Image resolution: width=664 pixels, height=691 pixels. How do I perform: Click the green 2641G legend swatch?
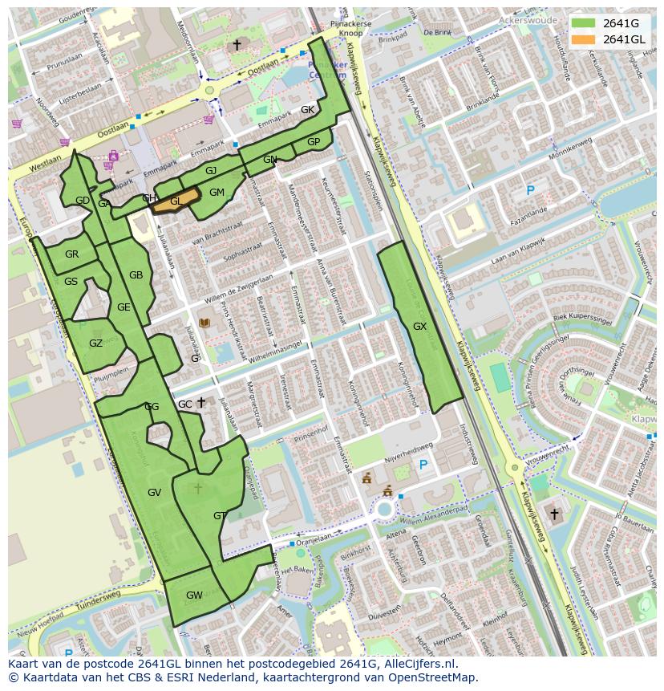tap(584, 23)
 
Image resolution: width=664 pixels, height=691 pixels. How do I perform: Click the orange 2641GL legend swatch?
tap(584, 39)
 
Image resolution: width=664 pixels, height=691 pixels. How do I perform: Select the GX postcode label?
tap(419, 327)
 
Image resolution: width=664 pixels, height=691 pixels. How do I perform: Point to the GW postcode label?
tap(194, 595)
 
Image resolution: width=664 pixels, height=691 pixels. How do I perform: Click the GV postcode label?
tap(155, 492)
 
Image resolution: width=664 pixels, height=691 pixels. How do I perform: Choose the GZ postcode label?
tap(95, 343)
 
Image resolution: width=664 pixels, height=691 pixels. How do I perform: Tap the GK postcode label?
tap(307, 110)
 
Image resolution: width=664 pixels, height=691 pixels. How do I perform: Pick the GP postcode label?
tap(314, 142)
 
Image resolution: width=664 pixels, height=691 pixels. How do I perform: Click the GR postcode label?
tap(71, 254)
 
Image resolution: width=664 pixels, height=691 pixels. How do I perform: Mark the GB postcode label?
tap(136, 275)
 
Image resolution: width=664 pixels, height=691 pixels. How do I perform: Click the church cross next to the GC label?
tap(201, 402)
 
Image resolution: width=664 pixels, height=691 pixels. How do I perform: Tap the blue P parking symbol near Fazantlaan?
tap(529, 190)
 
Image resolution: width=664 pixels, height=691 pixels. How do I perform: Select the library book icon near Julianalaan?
tap(204, 323)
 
